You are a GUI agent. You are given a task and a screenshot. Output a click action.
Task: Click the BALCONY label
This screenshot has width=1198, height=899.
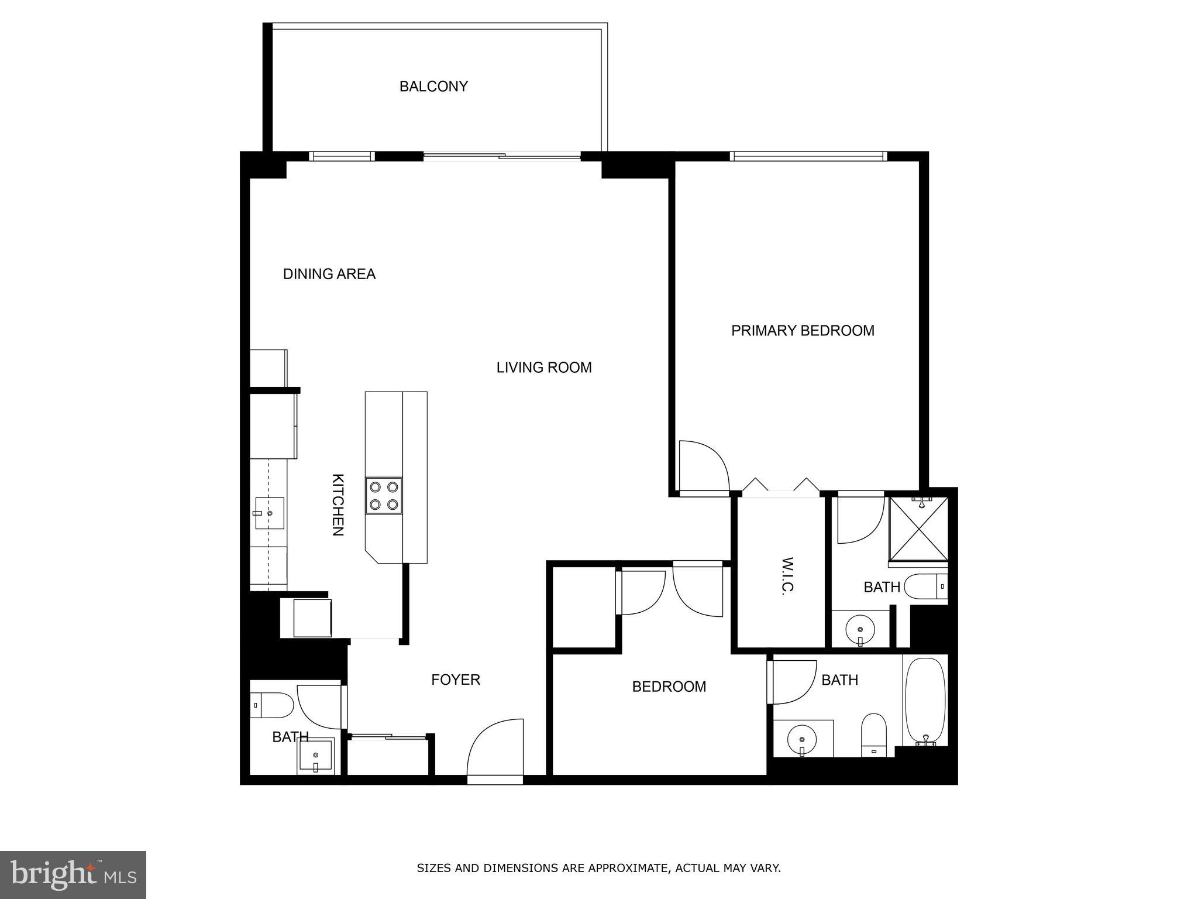point(433,87)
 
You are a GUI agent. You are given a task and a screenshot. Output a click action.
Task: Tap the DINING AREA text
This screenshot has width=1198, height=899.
point(329,274)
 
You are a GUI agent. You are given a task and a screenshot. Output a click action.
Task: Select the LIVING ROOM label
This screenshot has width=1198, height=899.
point(543,368)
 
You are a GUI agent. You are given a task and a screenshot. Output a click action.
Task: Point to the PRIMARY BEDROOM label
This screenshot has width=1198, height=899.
point(803,331)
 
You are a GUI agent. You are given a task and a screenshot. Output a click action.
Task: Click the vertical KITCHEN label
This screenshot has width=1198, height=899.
point(338,505)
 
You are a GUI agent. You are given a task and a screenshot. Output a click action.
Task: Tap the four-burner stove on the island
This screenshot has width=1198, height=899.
point(384,496)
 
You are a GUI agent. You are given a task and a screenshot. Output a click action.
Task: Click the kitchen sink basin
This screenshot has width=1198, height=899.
point(270,513)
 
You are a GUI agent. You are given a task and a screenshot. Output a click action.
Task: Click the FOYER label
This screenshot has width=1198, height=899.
point(456,680)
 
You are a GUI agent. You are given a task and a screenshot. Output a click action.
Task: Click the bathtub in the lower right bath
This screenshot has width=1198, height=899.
point(925,701)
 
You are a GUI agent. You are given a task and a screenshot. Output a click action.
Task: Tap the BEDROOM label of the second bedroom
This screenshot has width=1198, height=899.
point(669,687)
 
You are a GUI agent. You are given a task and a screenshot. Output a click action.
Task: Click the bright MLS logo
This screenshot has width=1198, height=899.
point(73,874)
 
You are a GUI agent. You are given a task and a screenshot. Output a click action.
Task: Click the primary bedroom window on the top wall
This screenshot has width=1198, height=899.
point(808,156)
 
